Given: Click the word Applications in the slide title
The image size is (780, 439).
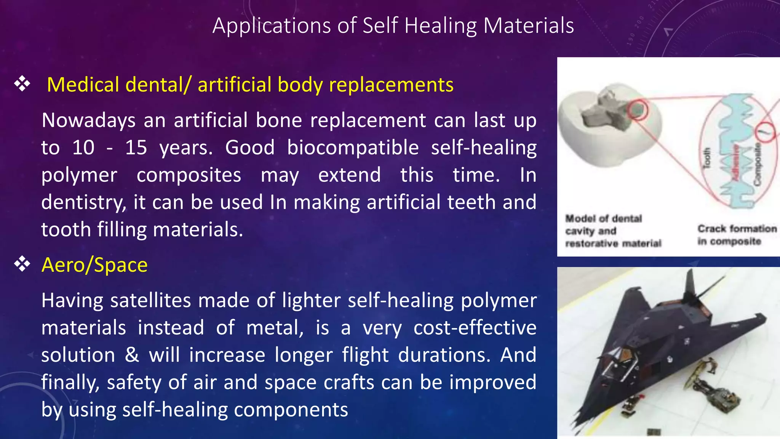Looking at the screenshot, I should (272, 26).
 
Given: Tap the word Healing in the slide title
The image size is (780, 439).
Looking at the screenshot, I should (440, 26).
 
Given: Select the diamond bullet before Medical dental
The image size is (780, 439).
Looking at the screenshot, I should (22, 84).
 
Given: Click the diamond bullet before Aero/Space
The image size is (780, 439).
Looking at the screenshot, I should (22, 264).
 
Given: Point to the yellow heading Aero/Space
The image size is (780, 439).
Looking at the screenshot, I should (94, 265).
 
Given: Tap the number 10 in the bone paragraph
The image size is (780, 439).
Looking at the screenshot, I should (83, 147).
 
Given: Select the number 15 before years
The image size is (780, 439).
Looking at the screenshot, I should (136, 147).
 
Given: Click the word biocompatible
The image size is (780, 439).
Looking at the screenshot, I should (353, 147).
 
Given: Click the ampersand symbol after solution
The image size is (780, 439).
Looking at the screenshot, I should (132, 355).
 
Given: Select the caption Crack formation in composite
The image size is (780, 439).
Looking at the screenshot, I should (737, 235).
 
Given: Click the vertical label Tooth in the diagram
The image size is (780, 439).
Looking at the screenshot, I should (706, 158).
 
